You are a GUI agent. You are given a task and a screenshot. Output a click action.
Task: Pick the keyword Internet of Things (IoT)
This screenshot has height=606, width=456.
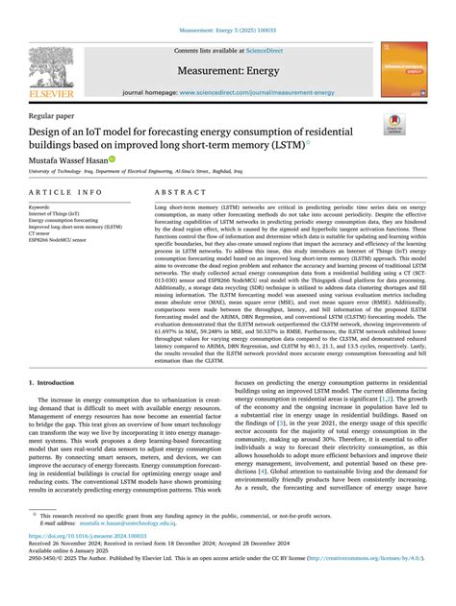coord(56,213)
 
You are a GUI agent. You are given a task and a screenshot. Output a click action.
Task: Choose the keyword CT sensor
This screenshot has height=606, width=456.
coord(40,233)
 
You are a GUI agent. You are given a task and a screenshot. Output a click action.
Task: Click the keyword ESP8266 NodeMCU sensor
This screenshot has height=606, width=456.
coord(59,240)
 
